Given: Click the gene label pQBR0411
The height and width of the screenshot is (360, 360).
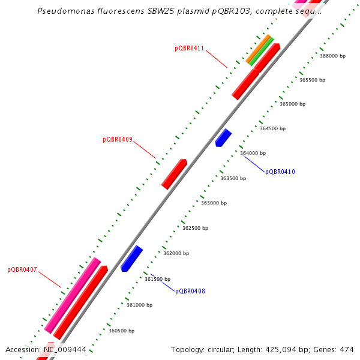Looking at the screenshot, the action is (x=190, y=48).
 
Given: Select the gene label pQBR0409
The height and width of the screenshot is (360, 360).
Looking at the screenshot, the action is (x=118, y=140).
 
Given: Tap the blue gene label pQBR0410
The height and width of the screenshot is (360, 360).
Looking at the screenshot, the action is (x=280, y=172).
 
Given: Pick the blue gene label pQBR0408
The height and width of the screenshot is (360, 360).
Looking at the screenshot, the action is (x=190, y=292).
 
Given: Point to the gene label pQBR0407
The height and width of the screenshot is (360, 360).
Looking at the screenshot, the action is (x=22, y=270).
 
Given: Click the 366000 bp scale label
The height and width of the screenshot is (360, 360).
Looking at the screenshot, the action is (x=332, y=56).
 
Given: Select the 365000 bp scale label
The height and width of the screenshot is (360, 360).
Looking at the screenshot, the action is (x=292, y=104).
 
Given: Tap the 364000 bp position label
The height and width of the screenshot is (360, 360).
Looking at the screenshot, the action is (x=253, y=153).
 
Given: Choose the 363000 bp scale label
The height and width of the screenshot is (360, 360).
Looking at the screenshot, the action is (x=214, y=203).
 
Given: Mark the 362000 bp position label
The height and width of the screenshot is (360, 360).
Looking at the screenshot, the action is (x=176, y=253).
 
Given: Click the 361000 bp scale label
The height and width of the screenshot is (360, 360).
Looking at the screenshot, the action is (x=139, y=305).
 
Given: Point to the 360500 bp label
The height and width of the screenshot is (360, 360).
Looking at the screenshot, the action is (x=121, y=331).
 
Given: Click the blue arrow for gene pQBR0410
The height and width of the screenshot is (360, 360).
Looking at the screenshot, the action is (x=223, y=137).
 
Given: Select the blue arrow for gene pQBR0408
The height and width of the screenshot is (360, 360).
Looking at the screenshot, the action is (x=131, y=259).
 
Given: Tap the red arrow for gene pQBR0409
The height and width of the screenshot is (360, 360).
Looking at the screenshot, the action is (x=174, y=174).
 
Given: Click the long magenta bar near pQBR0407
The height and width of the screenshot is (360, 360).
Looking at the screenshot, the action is (x=72, y=295).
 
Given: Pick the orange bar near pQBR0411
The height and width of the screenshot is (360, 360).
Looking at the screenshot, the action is (x=257, y=49).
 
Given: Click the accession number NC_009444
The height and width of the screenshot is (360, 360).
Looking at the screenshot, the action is (x=65, y=350).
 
